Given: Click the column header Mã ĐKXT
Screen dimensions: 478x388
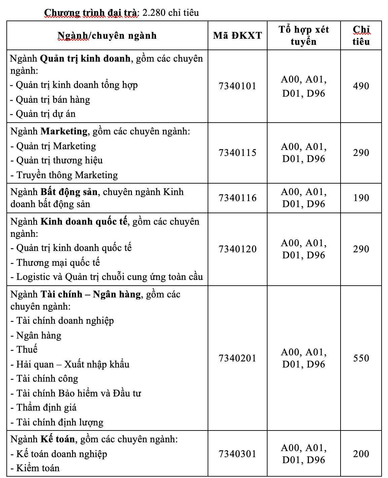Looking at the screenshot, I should tap(237, 35).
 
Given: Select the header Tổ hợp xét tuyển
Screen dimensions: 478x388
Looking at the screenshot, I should tap(304, 35).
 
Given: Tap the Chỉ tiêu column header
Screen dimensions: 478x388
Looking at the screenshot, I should tap(361, 35).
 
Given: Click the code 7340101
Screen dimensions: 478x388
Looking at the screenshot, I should tap(237, 86).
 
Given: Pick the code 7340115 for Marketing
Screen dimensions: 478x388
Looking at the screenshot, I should tap(237, 153).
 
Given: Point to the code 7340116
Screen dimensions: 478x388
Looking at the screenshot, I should tap(237, 198).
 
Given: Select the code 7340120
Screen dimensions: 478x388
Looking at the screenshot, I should tap(237, 249).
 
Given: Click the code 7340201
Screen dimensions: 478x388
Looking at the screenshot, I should tap(237, 358).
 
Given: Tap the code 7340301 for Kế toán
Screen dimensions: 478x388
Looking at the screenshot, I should tap(237, 454).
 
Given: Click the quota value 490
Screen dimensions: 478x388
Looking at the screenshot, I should tap(361, 86).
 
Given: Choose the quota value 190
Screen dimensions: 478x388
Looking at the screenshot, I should tap(361, 198).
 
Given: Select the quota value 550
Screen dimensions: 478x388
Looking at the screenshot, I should tap(361, 358).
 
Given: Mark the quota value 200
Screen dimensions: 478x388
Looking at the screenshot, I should tap(361, 454).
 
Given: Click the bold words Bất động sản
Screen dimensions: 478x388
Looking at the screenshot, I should tap(69, 192).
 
